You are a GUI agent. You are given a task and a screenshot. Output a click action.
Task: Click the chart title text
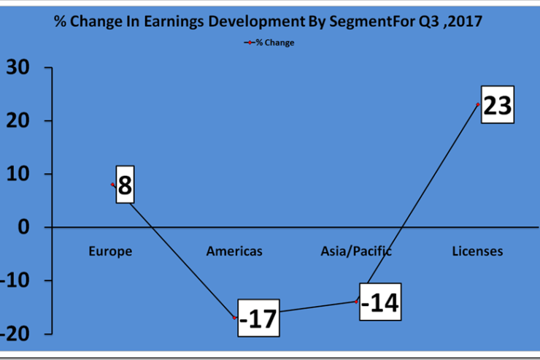(268, 21)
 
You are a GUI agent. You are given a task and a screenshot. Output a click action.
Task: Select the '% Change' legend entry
(269, 42)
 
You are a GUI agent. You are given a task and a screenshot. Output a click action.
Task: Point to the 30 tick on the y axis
(18, 67)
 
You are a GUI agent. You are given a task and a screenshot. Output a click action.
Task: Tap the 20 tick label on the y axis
(18, 120)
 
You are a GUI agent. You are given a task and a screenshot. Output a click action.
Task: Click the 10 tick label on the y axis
(18, 174)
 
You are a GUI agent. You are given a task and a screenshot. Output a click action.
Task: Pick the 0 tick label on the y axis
(24, 227)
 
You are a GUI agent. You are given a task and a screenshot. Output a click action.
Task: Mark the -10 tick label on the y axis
(15, 280)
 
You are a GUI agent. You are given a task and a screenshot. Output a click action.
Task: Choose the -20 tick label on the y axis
(15, 334)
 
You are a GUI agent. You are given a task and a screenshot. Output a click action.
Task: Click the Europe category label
(110, 251)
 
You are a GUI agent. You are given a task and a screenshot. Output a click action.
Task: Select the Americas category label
(234, 251)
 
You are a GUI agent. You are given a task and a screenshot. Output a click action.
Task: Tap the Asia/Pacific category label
(356, 251)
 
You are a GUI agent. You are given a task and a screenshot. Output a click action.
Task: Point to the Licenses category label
(477, 251)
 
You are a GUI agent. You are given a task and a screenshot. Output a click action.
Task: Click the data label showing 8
(125, 185)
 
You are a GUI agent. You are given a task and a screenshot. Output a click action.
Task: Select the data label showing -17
(258, 318)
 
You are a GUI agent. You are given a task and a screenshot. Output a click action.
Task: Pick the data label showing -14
(380, 302)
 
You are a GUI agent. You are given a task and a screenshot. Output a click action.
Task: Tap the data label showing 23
(497, 104)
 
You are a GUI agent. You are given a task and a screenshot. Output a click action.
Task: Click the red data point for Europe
(112, 185)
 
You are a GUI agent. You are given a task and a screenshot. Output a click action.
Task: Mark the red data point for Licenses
(478, 104)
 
